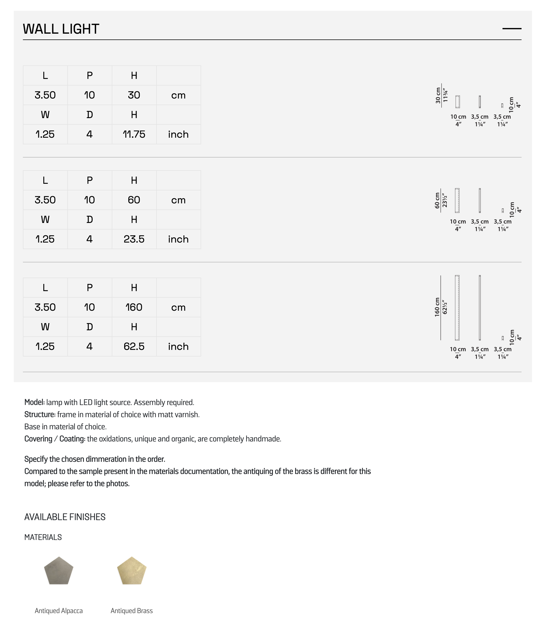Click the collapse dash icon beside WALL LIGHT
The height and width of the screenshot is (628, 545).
(x=512, y=29)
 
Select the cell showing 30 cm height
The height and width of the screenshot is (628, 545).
(x=134, y=95)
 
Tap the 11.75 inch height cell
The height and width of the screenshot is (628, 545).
(x=134, y=134)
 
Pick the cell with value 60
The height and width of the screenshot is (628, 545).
(x=134, y=200)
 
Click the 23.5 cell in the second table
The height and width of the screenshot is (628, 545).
(x=134, y=239)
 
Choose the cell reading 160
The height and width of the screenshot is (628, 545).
(x=134, y=307)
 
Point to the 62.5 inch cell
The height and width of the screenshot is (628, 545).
(x=134, y=346)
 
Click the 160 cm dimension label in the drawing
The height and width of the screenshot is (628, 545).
(x=437, y=307)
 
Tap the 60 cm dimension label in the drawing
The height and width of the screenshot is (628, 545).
(x=437, y=200)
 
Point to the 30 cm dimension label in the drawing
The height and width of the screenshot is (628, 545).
(x=438, y=95)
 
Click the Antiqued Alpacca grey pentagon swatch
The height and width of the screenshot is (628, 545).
(x=59, y=571)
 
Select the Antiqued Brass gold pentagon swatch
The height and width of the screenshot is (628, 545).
(x=132, y=571)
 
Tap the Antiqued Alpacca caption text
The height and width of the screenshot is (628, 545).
(x=59, y=611)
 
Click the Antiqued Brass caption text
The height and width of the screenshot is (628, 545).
(x=132, y=611)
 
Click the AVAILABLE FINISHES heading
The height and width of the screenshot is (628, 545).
(x=65, y=517)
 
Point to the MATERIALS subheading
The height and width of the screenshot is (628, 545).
(x=43, y=537)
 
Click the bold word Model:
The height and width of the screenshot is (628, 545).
(x=34, y=402)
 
